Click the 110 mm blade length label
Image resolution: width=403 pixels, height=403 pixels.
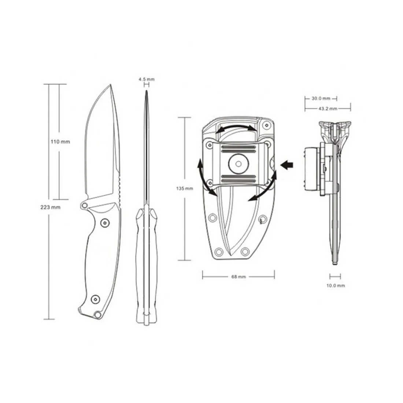tap(60, 142)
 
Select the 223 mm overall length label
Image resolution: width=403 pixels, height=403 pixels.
tap(51, 207)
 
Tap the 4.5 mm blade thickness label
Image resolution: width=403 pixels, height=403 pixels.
tap(147, 79)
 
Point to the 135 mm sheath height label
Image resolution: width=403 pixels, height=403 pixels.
tap(185, 188)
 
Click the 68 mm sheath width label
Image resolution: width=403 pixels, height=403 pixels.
tap(239, 277)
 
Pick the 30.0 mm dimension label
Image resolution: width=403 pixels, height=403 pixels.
tap(321, 99)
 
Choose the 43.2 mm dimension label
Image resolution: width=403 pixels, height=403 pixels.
tap(328, 108)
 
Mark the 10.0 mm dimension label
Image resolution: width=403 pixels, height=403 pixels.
tap(336, 285)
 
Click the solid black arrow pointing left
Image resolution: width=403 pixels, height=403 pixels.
tap(287, 164)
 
